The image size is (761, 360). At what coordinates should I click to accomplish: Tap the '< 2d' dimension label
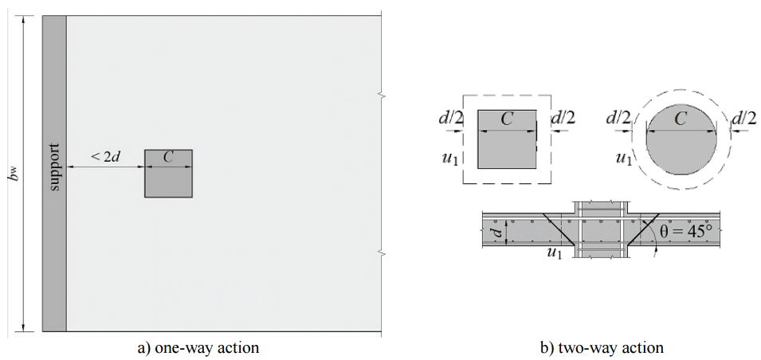click(x=104, y=157)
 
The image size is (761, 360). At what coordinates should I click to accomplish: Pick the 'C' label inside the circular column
click(x=680, y=119)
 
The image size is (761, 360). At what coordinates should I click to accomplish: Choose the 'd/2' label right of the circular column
click(x=744, y=119)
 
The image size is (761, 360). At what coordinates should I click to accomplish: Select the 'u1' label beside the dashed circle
click(x=624, y=158)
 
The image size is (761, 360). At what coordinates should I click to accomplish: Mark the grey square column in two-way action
click(x=507, y=147)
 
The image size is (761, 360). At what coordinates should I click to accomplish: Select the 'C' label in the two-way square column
click(x=507, y=119)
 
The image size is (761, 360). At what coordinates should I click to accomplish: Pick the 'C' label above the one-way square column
click(x=168, y=157)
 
